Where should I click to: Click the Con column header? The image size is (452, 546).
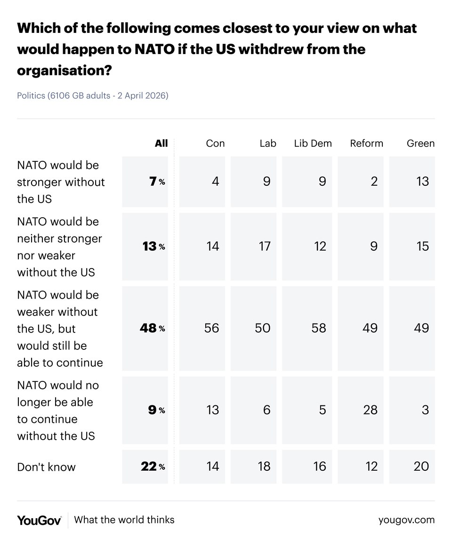point(215,143)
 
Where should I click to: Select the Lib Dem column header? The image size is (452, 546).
point(313,143)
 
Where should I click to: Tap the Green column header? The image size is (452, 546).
point(420,143)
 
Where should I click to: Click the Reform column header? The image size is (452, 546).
point(366,143)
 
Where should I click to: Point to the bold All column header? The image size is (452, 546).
point(161,143)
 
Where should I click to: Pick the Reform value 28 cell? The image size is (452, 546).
point(370,410)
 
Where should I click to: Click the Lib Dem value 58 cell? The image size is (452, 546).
point(319,328)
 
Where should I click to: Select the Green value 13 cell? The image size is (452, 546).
point(422,181)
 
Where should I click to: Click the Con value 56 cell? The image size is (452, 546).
point(211,328)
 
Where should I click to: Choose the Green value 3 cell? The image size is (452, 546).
point(425,410)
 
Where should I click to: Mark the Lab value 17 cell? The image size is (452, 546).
point(264,246)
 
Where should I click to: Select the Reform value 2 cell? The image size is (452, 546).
point(374,181)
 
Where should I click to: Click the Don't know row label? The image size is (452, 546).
point(46,467)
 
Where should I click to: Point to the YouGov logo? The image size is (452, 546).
point(39,520)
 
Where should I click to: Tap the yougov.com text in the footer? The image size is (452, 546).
point(406,520)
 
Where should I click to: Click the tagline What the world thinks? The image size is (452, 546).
point(124,520)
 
